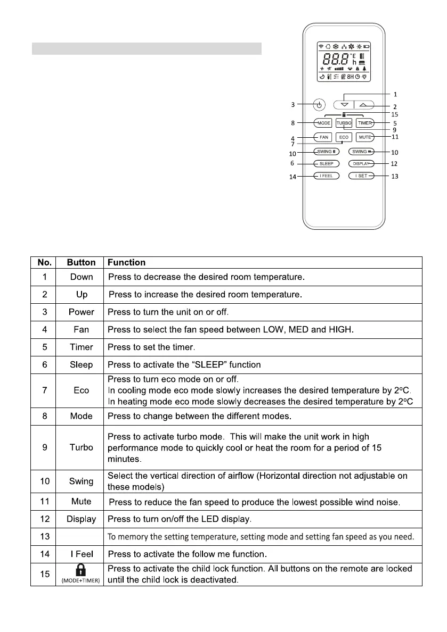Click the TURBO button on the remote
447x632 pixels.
click(x=344, y=123)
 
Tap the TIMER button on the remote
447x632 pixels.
click(x=364, y=123)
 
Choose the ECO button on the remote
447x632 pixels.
click(x=344, y=137)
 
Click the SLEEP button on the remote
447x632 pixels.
click(x=326, y=163)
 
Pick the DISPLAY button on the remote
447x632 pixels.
click(x=362, y=163)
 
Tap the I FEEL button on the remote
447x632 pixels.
click(x=326, y=176)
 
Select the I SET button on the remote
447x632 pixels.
click(x=362, y=176)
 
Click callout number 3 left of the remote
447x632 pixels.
click(x=302, y=104)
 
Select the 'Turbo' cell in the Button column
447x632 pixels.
click(x=82, y=447)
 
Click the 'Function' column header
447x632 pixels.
click(x=127, y=262)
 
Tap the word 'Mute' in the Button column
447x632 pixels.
click(x=82, y=501)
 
